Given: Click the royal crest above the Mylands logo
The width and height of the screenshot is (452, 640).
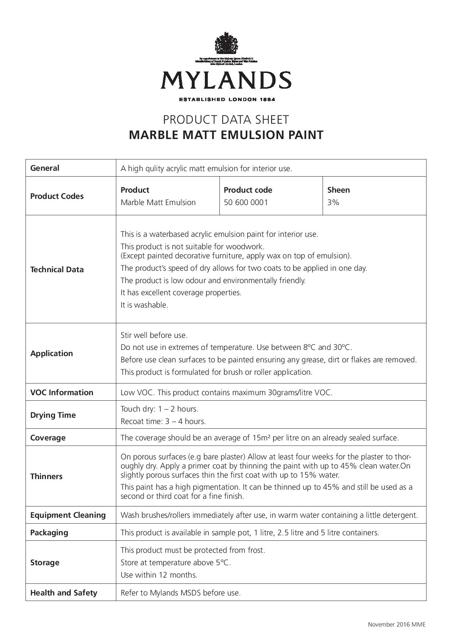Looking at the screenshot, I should coord(226,43).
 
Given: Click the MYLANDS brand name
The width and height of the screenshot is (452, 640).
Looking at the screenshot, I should coord(226,80).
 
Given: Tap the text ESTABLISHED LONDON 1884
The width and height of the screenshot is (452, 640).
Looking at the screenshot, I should coord(226,99).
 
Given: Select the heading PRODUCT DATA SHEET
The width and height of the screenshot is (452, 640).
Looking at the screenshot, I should coord(226,120).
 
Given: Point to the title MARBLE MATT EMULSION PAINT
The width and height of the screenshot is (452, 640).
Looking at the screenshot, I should coord(226,135).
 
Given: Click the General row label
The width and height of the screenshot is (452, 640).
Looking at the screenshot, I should coord(45,168).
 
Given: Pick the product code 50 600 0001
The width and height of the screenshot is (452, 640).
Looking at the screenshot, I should coord(246,203).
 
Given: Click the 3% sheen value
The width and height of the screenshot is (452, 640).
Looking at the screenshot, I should coord(333,203).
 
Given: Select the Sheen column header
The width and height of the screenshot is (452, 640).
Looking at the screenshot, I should coord(338,190).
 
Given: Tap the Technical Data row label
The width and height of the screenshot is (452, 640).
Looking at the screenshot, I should coord(57,270).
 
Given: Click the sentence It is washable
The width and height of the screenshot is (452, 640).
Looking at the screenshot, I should coord(144,305).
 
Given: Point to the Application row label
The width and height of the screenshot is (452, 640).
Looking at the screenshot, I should coord(51,354).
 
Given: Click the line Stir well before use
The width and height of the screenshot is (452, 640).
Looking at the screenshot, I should coord(154,335).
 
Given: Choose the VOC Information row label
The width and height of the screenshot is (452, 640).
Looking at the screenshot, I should coord(62,393).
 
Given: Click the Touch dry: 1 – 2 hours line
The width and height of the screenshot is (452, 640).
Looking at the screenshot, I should coord(159,409).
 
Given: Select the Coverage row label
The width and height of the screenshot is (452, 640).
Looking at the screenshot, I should coord(48,438).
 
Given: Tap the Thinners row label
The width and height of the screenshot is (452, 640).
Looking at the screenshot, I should coord(46,477).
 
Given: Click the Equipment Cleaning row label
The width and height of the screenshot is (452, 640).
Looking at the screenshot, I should coord(68,515).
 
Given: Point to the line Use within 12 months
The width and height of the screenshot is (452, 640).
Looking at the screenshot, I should coord(159,575).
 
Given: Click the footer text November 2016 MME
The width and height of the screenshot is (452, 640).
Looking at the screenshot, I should coord(396,624).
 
